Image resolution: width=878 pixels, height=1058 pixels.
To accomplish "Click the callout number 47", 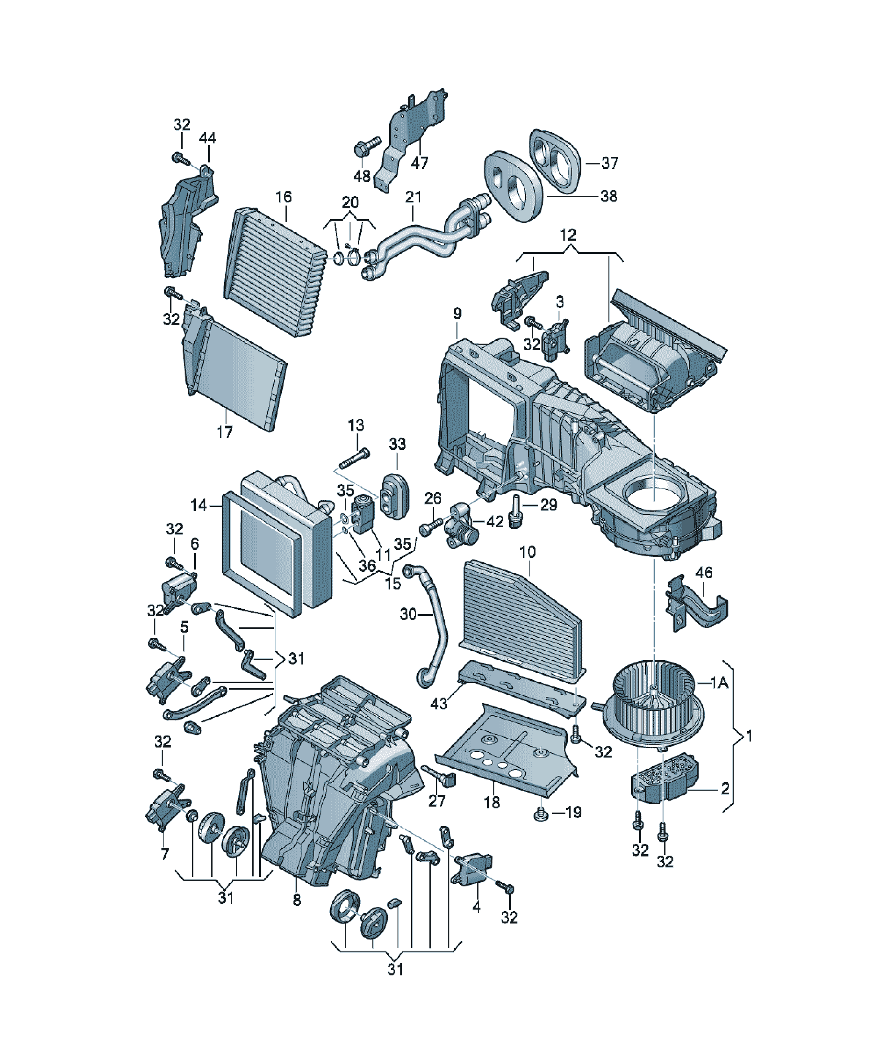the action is click(x=419, y=163).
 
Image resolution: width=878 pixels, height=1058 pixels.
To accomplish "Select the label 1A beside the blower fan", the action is click(x=719, y=683).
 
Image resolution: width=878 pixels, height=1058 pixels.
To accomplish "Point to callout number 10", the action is click(x=528, y=552).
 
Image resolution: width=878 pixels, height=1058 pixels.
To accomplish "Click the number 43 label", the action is click(x=439, y=703).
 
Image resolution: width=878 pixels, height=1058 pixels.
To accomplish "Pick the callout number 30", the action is click(x=408, y=614).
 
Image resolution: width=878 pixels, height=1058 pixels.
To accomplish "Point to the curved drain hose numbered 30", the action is click(x=432, y=625).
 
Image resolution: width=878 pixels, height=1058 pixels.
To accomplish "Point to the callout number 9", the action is click(x=457, y=313).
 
